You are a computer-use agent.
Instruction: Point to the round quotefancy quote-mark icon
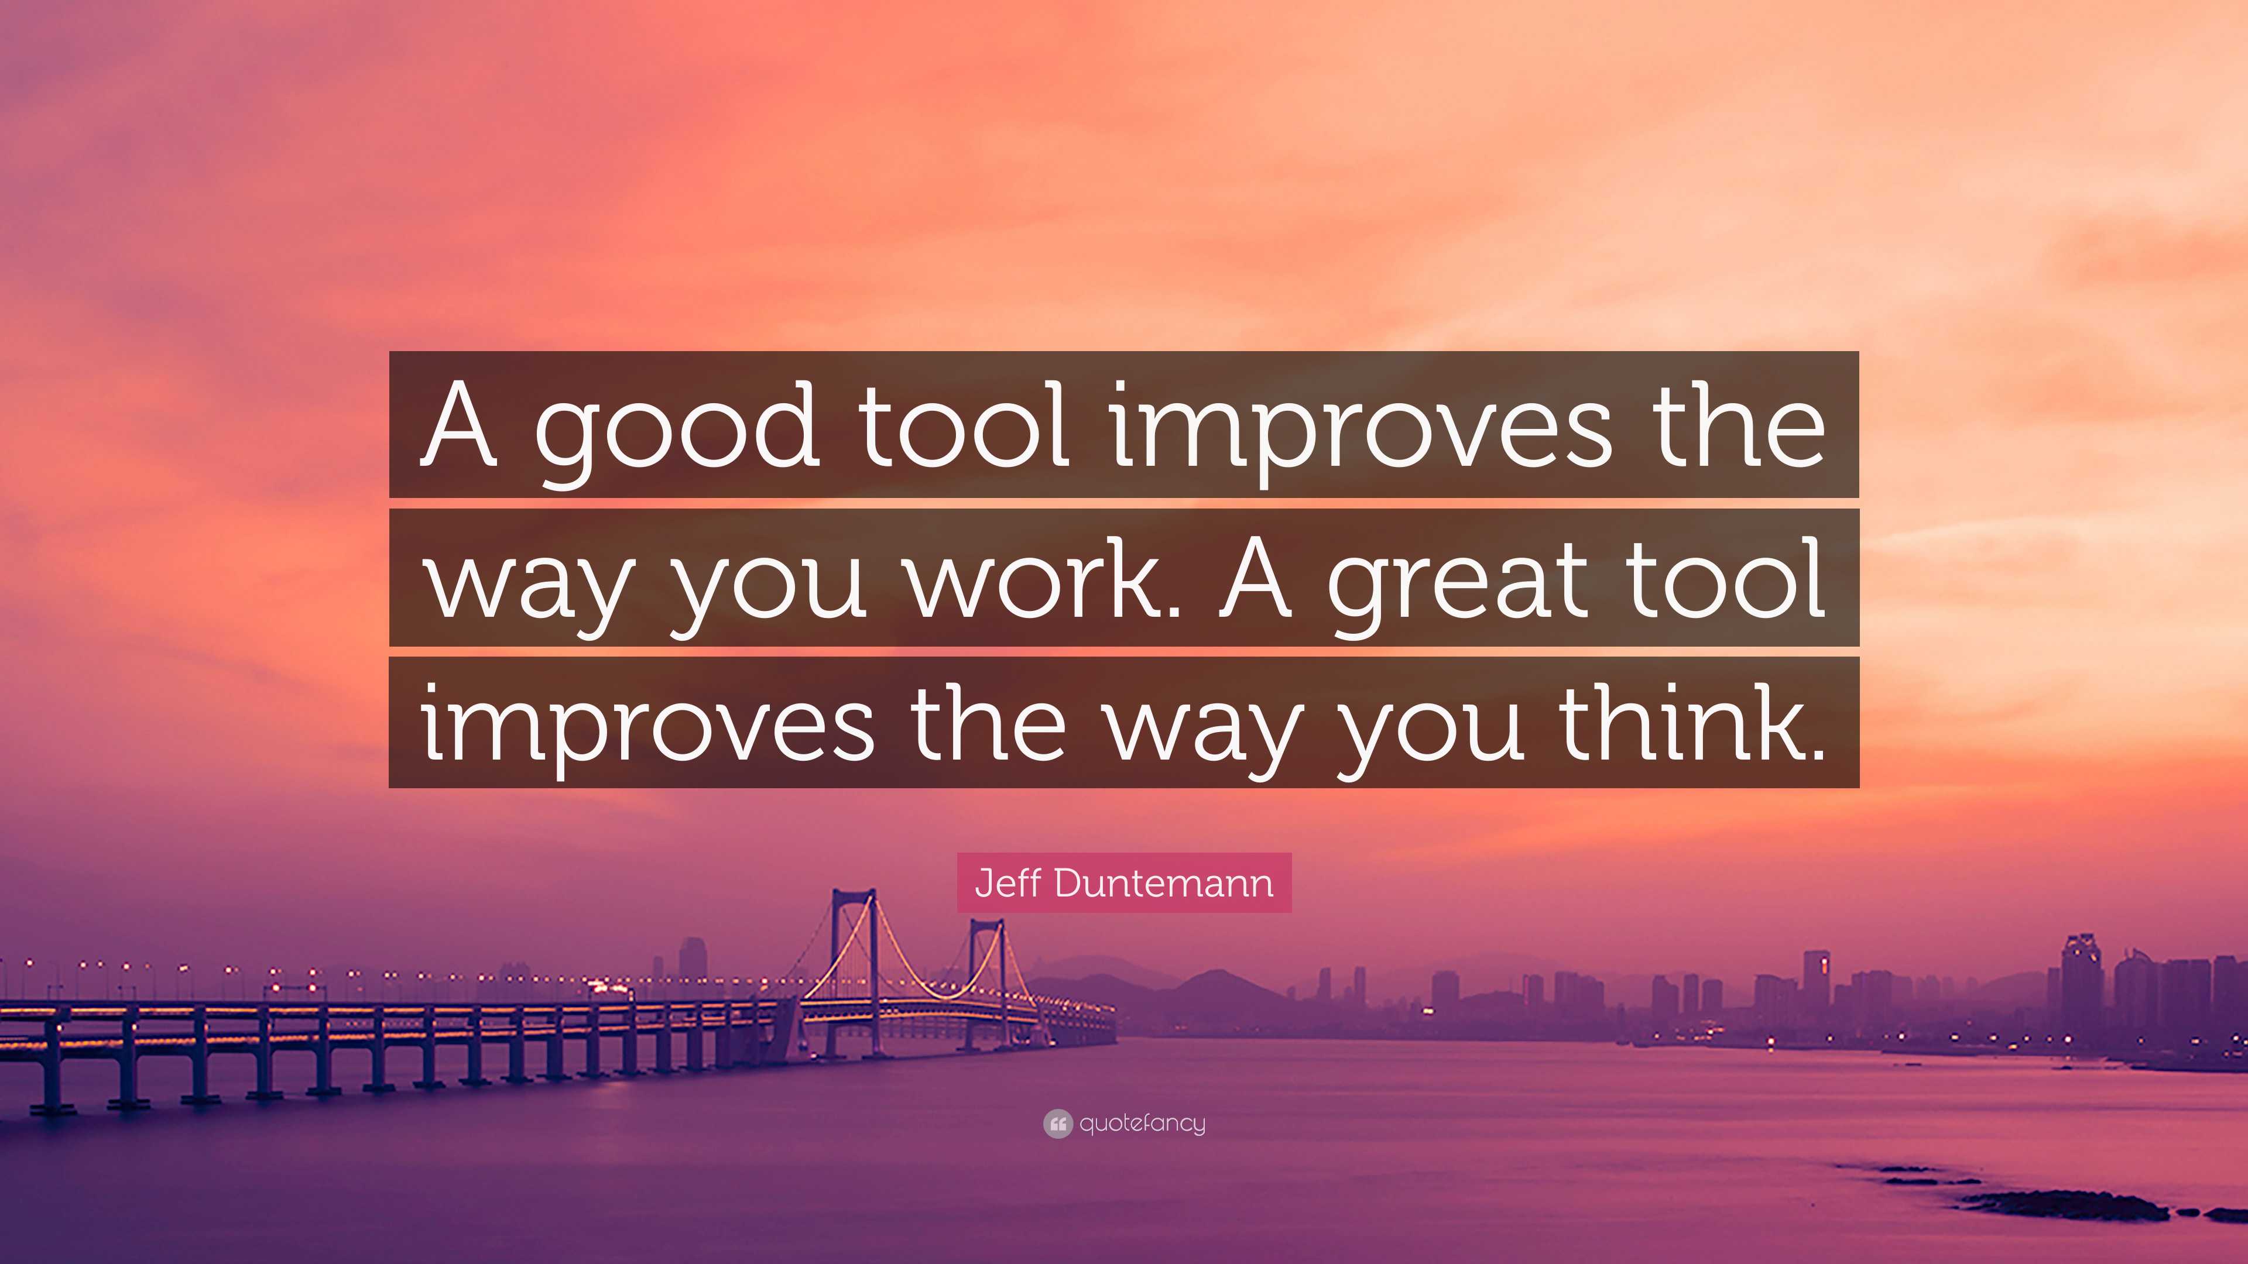[x=1057, y=1124]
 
